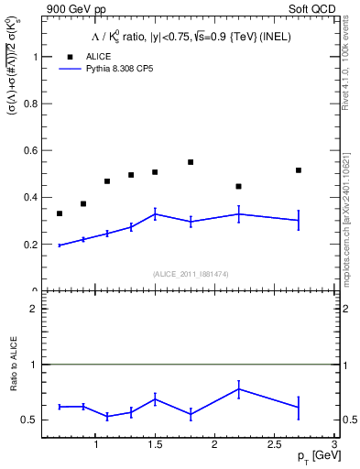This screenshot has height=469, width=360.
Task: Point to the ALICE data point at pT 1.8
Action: (191, 162)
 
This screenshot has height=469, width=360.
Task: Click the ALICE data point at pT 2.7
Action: (299, 170)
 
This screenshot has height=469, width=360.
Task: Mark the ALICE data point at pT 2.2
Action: (238, 187)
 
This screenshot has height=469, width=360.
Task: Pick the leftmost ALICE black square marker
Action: (60, 213)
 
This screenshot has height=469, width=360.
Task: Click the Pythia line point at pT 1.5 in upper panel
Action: (155, 214)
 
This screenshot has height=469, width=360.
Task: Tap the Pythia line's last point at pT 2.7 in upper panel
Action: (299, 220)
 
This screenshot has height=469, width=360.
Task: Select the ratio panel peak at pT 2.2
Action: (238, 388)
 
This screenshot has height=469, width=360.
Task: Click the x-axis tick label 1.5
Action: (155, 445)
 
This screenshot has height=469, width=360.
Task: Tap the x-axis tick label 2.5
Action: (274, 445)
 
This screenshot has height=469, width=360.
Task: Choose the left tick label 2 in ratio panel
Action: (35, 310)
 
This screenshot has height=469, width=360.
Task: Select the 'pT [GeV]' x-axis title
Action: (311, 457)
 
